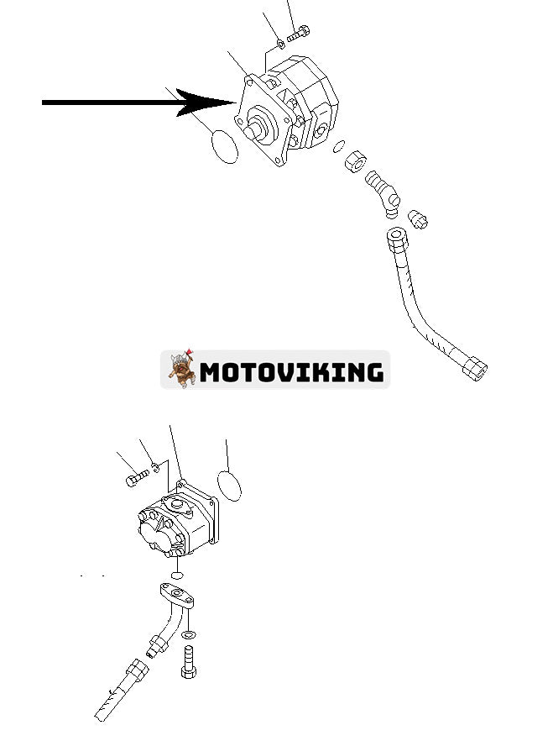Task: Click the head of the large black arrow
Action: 207,102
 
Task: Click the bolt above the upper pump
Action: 298,34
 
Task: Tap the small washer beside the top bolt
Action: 280,44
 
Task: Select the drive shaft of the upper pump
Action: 255,129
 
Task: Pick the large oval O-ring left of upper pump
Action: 225,147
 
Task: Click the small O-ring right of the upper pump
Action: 339,146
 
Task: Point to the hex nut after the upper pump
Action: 356,163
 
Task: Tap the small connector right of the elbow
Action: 418,219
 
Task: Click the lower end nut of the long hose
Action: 475,369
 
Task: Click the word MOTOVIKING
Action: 291,371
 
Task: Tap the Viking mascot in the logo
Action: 182,369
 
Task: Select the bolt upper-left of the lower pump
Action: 138,478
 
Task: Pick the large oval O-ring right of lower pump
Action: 229,486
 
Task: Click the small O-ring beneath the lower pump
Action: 177,575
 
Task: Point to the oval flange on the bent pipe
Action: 177,595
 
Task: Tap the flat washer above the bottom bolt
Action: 188,634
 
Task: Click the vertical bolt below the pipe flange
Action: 188,662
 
